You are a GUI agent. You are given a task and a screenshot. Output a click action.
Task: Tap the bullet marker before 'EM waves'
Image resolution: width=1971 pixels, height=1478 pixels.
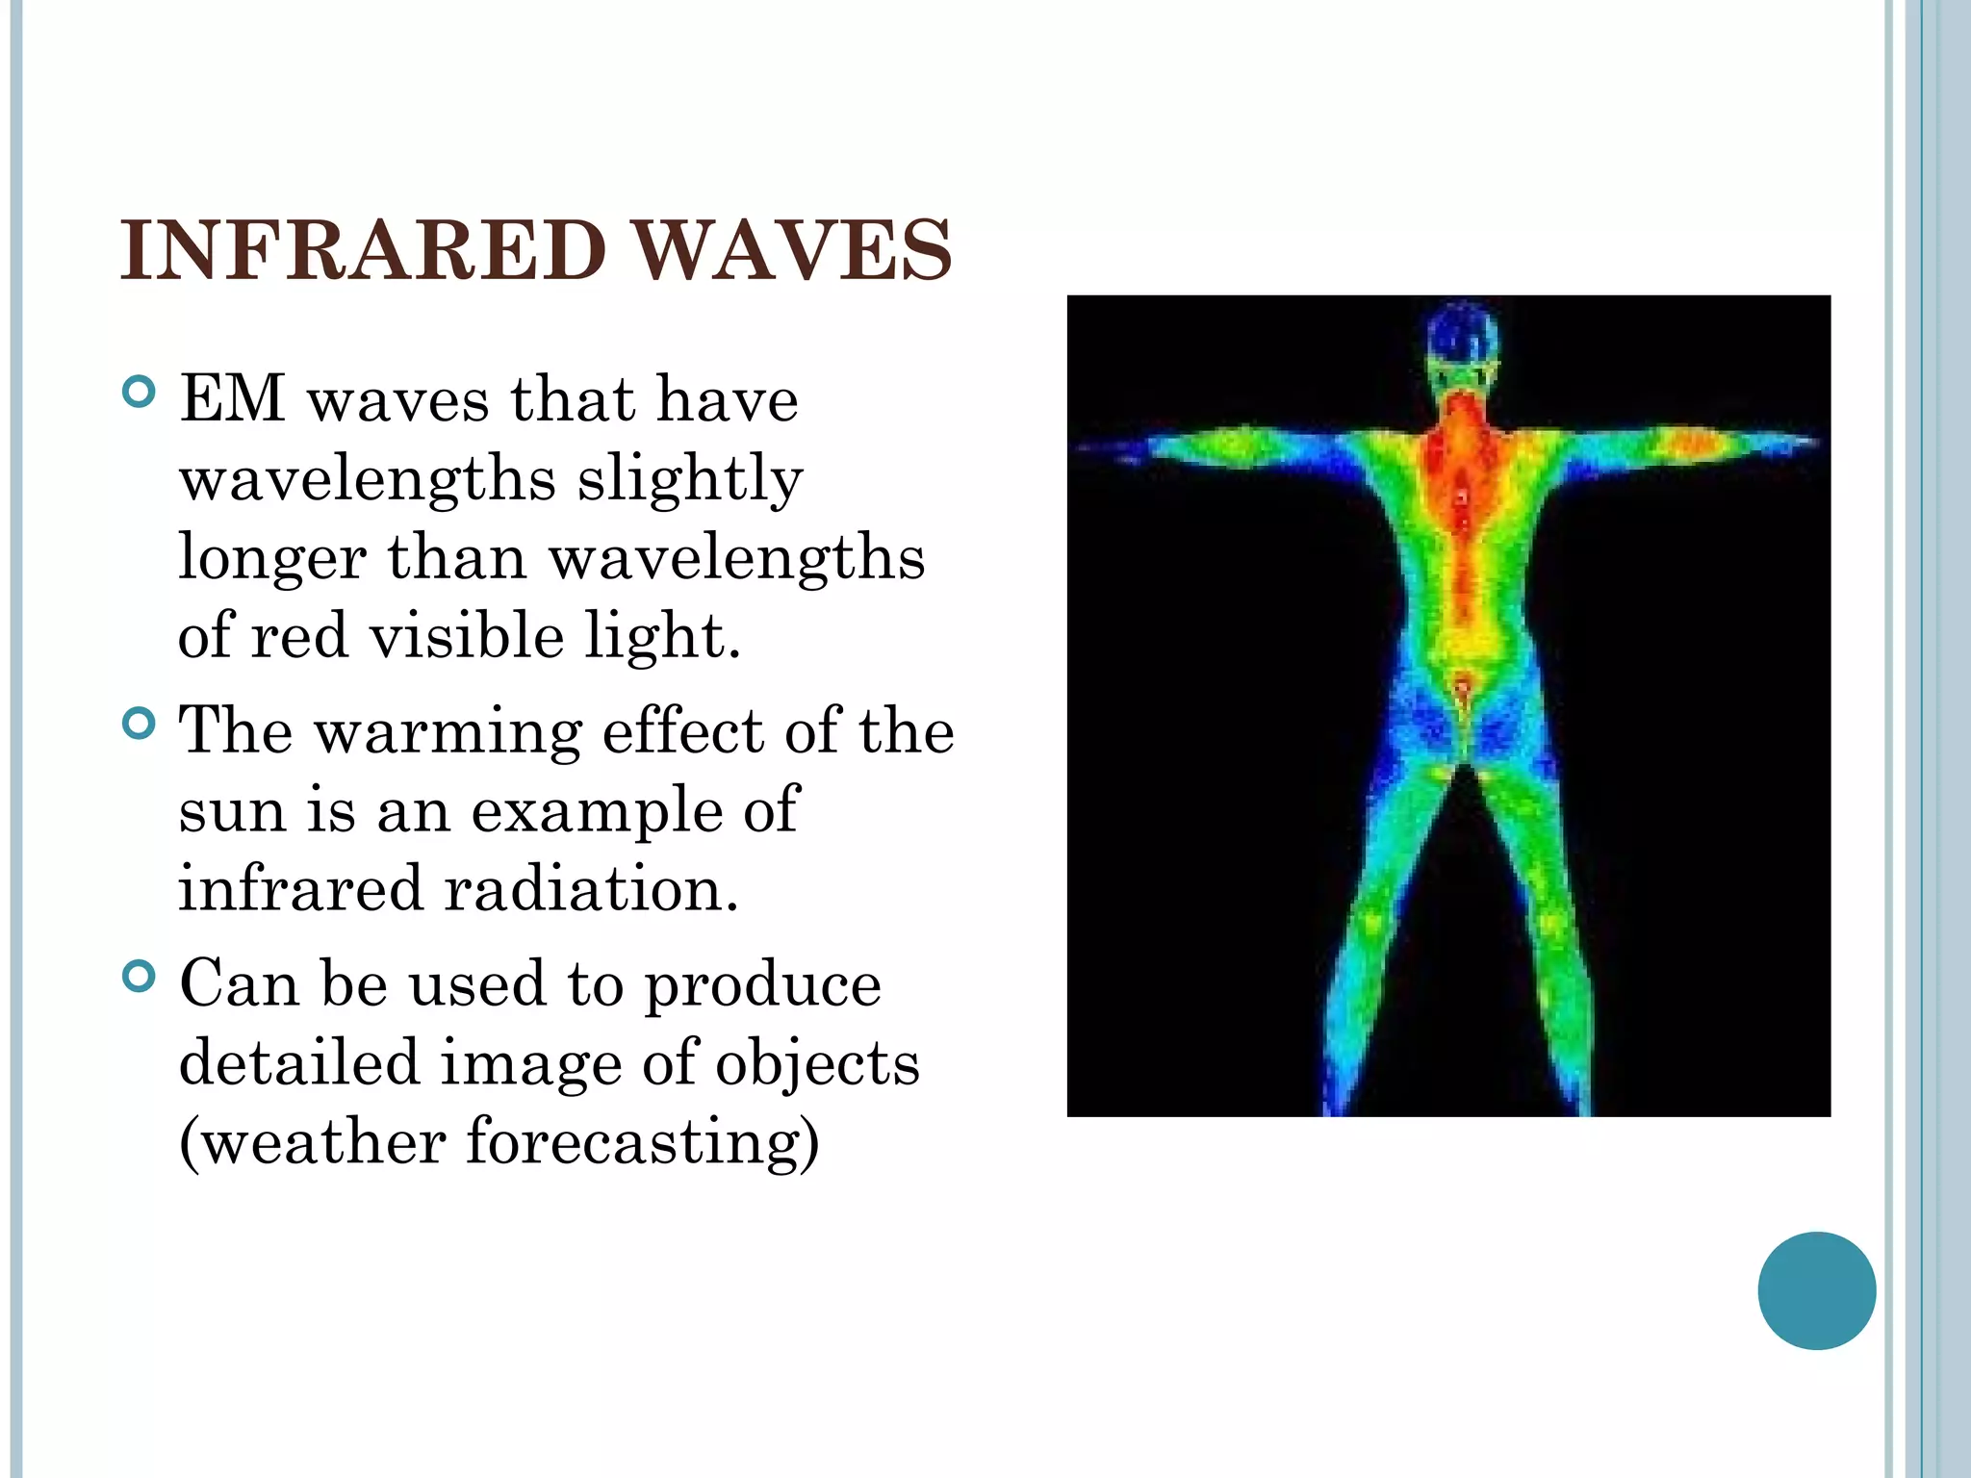(140, 393)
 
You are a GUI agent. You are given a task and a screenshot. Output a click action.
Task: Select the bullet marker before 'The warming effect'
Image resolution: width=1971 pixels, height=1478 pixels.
(140, 724)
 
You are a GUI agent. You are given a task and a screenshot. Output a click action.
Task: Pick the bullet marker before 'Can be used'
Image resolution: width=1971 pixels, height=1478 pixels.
(140, 977)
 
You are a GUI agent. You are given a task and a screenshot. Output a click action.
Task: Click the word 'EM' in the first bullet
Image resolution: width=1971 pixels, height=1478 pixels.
(232, 398)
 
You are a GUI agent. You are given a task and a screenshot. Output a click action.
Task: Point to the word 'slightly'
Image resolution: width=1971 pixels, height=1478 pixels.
(689, 479)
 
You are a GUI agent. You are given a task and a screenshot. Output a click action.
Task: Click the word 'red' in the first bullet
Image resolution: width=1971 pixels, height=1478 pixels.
(299, 637)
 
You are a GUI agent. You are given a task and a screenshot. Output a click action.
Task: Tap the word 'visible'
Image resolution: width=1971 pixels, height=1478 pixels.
(467, 637)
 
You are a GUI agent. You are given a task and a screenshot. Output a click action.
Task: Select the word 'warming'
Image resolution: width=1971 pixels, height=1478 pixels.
(448, 731)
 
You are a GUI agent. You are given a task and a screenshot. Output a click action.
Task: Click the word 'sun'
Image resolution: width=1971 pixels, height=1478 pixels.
(231, 810)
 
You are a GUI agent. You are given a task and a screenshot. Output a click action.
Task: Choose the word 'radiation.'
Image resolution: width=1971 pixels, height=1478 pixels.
(591, 888)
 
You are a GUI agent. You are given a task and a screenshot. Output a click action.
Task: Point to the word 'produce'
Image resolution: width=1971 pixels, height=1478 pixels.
(762, 985)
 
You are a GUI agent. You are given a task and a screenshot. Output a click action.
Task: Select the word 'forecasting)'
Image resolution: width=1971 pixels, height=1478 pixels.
(643, 1142)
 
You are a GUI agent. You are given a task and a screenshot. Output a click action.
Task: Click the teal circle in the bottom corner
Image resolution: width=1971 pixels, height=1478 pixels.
(1816, 1290)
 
